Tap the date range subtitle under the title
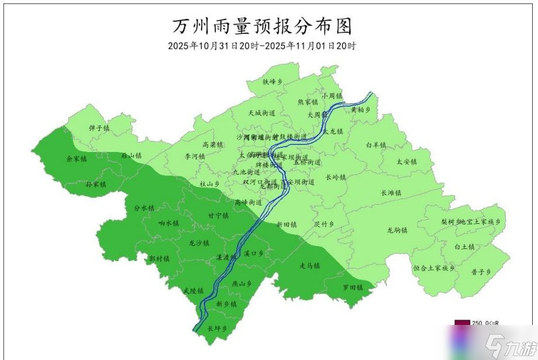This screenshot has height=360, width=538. [x=261, y=46]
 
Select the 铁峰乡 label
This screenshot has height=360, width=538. [x=273, y=82]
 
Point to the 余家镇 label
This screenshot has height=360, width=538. [x=76, y=158]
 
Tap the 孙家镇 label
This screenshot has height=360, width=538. [x=96, y=184]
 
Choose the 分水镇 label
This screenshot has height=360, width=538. [x=144, y=207]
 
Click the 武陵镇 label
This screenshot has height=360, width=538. [x=193, y=290]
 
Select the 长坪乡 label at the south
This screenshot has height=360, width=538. [x=217, y=328]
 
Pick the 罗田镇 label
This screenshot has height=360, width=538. [x=353, y=288]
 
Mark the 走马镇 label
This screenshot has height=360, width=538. [x=309, y=266]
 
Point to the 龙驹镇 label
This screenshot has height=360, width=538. [x=397, y=230]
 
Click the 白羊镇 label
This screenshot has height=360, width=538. [x=376, y=144]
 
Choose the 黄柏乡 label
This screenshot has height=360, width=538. [x=361, y=109]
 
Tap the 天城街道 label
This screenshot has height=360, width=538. [x=261, y=113]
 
